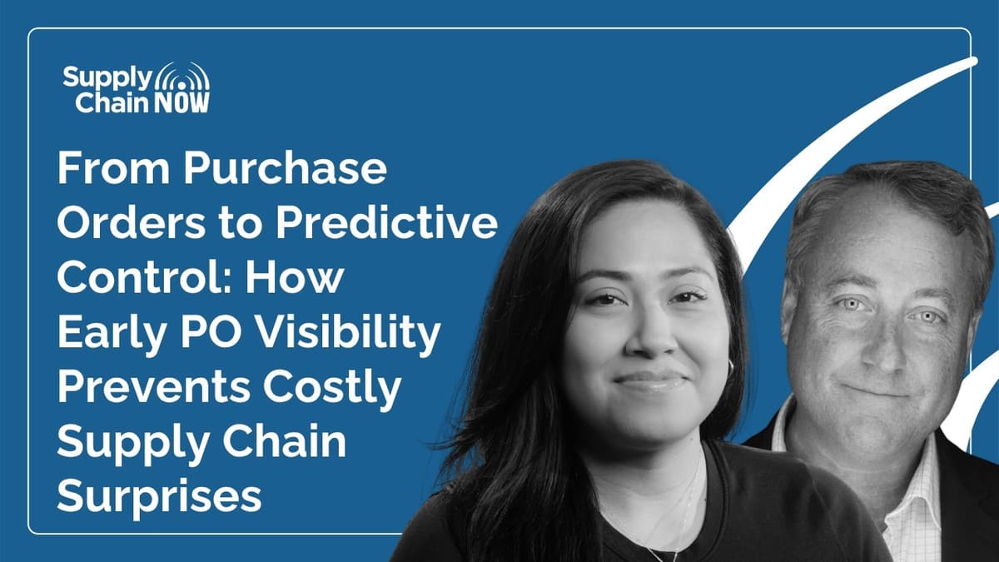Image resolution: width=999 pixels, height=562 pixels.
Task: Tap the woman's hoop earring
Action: click(731, 367)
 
